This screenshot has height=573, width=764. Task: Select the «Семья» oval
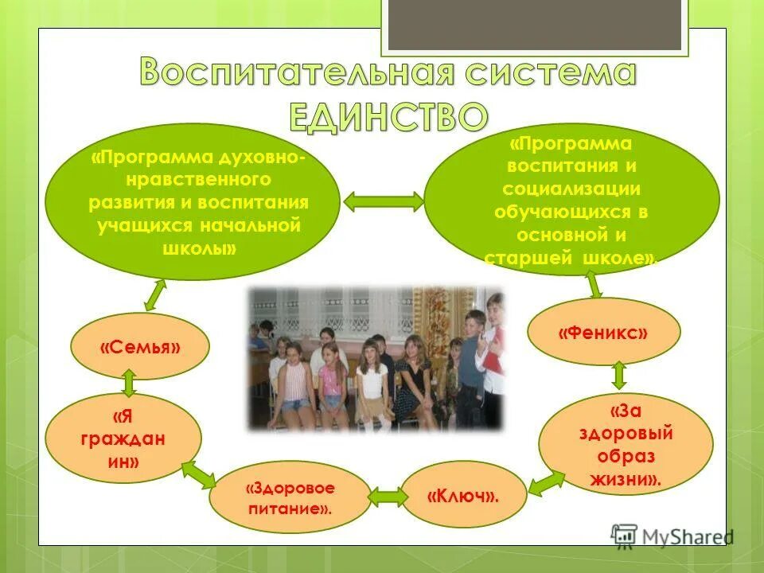point(139,347)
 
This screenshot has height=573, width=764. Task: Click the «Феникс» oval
point(602,332)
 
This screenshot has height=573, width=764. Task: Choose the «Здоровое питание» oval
point(289,497)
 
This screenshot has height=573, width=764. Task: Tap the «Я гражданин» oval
point(123,439)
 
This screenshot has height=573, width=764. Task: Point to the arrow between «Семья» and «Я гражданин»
point(129,383)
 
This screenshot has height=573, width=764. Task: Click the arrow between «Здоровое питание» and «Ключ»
point(387,497)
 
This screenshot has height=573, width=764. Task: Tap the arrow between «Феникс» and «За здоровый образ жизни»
point(619,375)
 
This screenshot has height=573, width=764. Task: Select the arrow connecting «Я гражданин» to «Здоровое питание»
point(198,474)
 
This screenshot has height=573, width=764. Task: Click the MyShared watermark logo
point(672,536)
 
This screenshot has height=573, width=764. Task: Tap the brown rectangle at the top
point(534,24)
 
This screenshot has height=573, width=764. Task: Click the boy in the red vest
point(493,350)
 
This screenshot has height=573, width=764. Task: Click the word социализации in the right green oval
point(571,189)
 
